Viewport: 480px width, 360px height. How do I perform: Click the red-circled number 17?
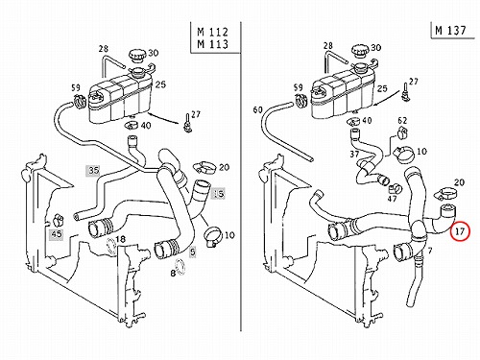(460, 230)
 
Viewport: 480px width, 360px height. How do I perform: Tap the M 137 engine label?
(450, 31)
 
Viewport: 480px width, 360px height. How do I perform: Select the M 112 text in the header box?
(213, 32)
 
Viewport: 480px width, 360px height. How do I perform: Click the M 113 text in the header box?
(213, 44)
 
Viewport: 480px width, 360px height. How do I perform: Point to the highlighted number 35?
(94, 170)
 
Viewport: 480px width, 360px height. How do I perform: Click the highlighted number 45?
(57, 234)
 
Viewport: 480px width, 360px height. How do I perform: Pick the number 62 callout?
(402, 120)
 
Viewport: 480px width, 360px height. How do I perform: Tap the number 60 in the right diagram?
(257, 109)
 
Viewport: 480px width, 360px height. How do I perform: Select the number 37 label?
(354, 155)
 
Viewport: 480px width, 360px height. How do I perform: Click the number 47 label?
(392, 199)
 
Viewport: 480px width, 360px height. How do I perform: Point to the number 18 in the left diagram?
(120, 239)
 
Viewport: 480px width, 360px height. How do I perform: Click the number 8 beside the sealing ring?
(173, 274)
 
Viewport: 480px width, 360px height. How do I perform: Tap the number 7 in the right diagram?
(430, 251)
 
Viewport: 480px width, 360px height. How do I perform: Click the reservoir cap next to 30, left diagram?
(138, 57)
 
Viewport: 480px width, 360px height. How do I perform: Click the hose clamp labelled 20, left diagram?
(204, 167)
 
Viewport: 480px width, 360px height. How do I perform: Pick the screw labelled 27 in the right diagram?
(405, 93)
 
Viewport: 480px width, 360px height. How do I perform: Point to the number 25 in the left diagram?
(160, 84)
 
